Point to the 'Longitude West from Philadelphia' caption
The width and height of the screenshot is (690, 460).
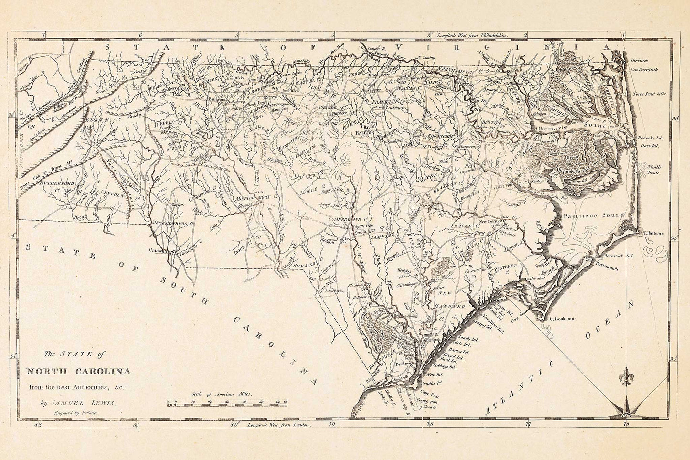(x=470, y=35)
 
